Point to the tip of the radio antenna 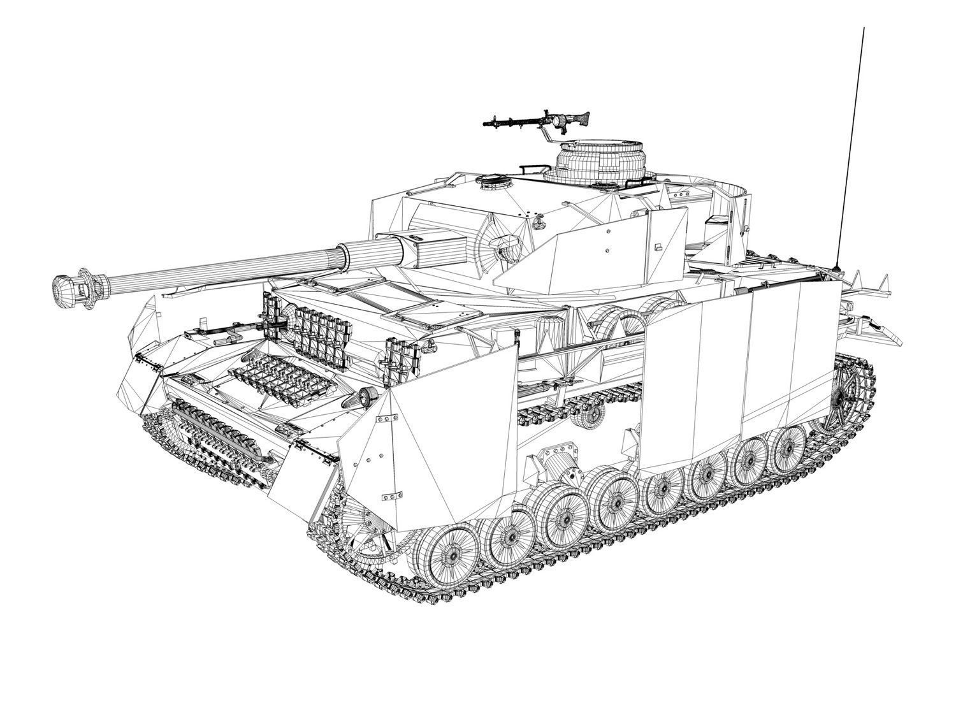[x=864, y=29]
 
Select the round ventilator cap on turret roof [x=490, y=181]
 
